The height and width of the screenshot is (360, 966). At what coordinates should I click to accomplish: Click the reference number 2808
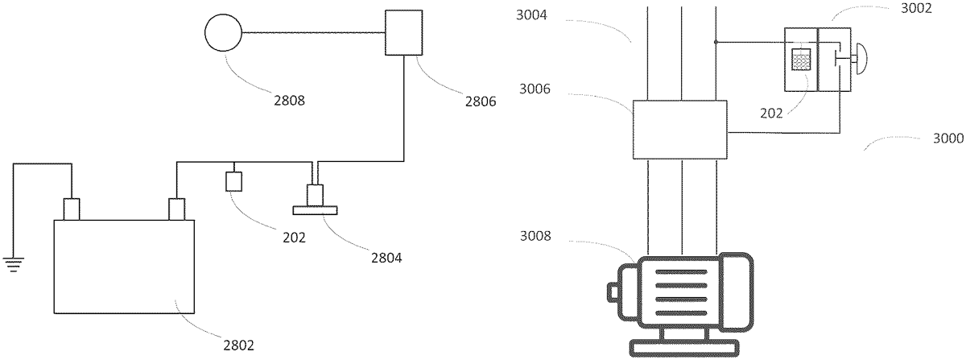coord(289,100)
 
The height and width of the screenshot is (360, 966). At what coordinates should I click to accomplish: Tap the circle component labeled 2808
coord(223,33)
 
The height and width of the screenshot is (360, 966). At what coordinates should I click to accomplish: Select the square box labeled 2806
coord(403,33)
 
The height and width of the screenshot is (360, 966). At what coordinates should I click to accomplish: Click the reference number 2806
coord(481,101)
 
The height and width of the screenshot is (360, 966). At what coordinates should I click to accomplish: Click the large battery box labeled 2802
coord(124,267)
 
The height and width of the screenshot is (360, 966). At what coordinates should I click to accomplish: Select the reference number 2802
coord(238,346)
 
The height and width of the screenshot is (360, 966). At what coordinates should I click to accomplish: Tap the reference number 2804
coord(386,258)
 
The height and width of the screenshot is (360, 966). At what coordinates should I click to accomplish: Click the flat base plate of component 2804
coord(315,210)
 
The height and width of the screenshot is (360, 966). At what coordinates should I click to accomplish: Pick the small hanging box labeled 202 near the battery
coord(233,181)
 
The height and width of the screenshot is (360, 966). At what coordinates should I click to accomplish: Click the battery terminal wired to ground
coord(72,209)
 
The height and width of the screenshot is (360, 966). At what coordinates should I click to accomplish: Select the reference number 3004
coord(531,15)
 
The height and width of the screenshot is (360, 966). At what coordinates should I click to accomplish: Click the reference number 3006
coord(535,89)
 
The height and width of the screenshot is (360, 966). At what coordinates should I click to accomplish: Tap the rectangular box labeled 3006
coord(679,130)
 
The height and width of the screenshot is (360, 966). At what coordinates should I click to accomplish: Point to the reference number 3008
coord(535,236)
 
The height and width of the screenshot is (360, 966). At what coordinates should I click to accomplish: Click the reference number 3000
coord(948,139)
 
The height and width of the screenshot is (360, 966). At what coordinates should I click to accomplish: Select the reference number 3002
coord(916,8)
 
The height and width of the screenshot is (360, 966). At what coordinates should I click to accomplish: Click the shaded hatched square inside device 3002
coord(801,60)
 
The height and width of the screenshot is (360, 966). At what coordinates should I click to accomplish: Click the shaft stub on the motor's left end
coord(613,292)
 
